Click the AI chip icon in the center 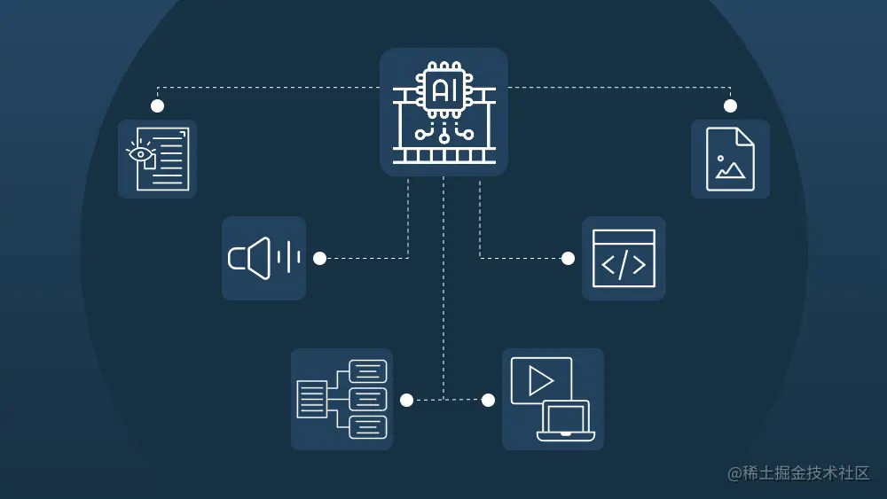[443, 112]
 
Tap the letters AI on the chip [443, 90]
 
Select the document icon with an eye [158, 159]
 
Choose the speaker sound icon [263, 258]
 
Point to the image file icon [730, 159]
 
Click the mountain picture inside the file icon [730, 169]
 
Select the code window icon [624, 258]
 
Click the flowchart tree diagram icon [342, 399]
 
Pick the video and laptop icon [553, 399]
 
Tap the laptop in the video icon [565, 421]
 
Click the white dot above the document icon [158, 105]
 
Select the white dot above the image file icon [730, 105]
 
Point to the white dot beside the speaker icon [320, 258]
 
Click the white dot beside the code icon [568, 258]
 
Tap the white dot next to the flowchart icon [406, 400]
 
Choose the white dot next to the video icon [488, 400]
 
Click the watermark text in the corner [798, 473]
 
